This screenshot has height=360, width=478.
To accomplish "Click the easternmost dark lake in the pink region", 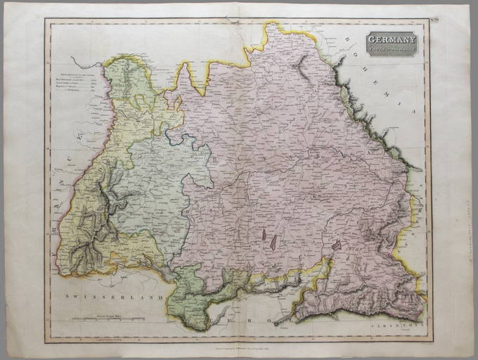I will (x=337, y=246).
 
